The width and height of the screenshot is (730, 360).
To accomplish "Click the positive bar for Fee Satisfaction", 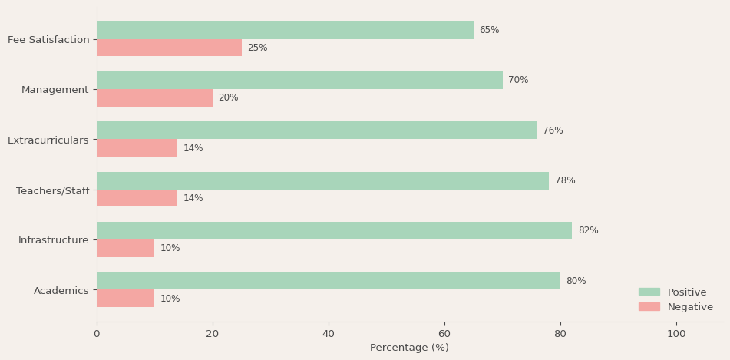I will click(285, 31).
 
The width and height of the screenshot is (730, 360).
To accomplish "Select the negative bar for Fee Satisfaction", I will click(169, 48).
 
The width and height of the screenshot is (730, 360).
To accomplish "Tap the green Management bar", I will click(299, 81).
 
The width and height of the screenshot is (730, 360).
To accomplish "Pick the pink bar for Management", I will click(154, 98).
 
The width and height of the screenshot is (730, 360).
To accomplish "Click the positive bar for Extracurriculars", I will click(317, 130).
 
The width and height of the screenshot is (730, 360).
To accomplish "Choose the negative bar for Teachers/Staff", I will click(137, 198).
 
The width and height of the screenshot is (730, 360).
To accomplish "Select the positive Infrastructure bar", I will click(334, 231).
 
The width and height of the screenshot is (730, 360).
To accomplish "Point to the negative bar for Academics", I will click(125, 299).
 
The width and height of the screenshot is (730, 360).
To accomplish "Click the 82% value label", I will click(588, 231).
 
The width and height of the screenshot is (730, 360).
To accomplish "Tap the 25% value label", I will click(257, 48).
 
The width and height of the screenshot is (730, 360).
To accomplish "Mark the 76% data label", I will click(553, 130).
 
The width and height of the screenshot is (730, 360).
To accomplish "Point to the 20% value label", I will click(228, 98).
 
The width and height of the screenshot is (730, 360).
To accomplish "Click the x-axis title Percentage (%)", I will click(409, 348).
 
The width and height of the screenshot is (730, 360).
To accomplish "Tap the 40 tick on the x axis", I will click(329, 334).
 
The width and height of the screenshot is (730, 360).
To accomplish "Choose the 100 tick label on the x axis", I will click(676, 334).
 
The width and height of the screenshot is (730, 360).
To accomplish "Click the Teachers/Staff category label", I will click(52, 190).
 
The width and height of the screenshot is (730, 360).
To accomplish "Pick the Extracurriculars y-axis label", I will click(48, 140).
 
